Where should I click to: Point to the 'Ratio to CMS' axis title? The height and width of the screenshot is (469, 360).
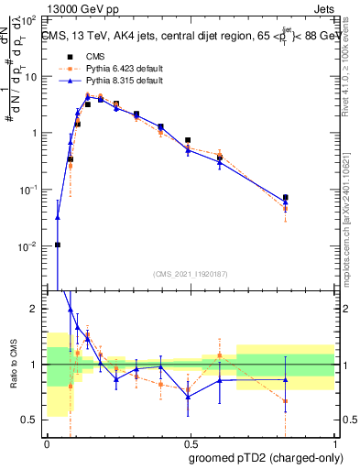coord(12,376)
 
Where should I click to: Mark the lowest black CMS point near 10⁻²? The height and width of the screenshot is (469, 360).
coord(58,245)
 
